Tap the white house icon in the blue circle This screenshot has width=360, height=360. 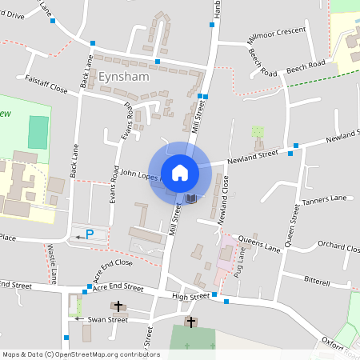click(x=180, y=172)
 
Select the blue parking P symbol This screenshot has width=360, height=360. click(x=90, y=234)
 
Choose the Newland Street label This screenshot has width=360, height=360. click(x=252, y=157)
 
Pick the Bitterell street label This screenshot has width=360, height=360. click(x=318, y=282)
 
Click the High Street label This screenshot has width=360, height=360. click(x=190, y=296)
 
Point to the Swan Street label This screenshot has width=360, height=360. click(x=107, y=319)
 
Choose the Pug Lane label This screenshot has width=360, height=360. click(x=238, y=264)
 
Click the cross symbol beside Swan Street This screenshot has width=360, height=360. click(x=119, y=306)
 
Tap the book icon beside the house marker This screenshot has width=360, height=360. click(x=191, y=198)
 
